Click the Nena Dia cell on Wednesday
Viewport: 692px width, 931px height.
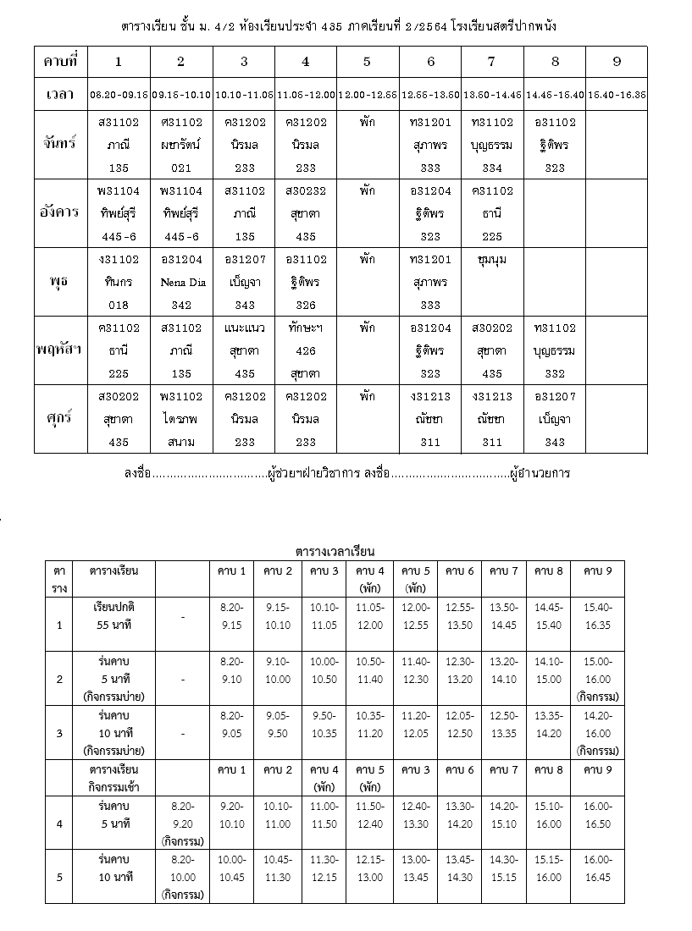181,282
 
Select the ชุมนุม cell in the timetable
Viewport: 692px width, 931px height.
492,260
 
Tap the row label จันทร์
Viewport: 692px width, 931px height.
61,144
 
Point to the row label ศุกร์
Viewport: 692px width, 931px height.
61,419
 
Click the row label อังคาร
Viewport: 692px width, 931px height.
61,212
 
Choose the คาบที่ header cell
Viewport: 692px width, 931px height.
61,62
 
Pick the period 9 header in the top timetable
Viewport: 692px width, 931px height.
616,62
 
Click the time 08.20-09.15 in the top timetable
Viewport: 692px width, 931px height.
119,95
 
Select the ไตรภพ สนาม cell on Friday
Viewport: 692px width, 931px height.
181,419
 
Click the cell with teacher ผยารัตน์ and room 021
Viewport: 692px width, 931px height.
181,144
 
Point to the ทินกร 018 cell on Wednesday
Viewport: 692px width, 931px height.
119,282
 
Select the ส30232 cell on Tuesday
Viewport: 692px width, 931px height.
306,212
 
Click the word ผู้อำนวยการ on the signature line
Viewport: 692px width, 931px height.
540,473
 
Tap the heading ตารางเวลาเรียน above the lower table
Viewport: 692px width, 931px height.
335,552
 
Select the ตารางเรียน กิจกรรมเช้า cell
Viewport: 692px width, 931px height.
114,778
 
